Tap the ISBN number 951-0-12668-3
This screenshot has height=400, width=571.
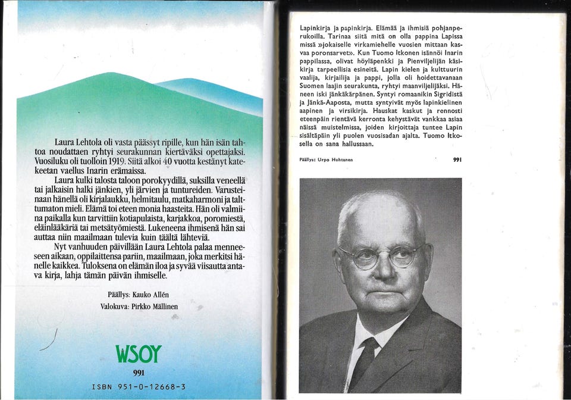pos(139,387)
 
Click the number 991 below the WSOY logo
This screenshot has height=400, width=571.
pos(138,374)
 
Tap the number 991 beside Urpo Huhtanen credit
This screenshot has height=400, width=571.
pos(457,160)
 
